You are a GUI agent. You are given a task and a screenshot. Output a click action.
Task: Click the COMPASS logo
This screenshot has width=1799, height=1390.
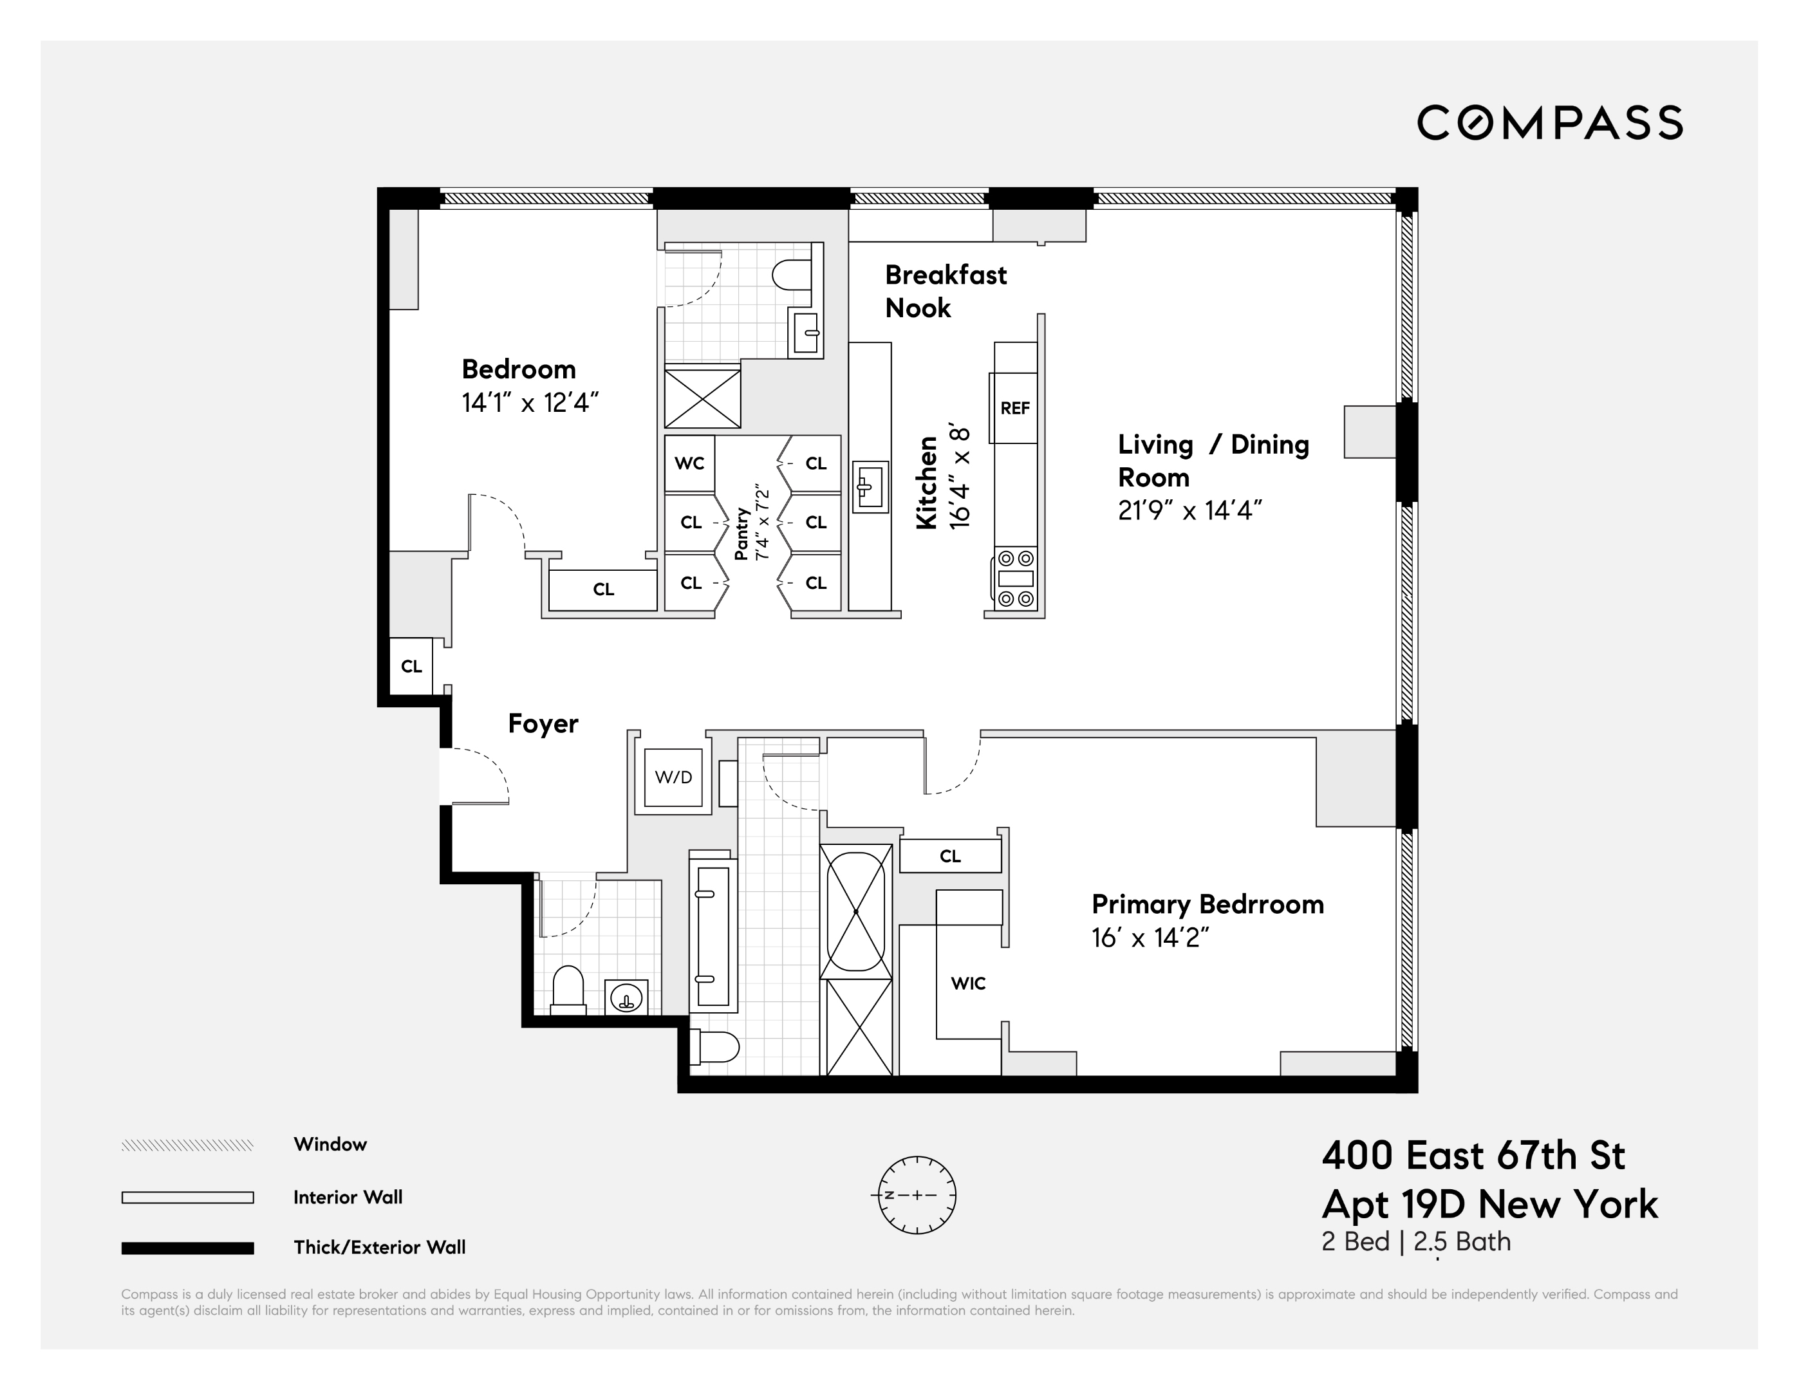coord(1549,123)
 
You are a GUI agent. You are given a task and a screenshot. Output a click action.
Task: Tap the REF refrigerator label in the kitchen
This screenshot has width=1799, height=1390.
coord(1015,409)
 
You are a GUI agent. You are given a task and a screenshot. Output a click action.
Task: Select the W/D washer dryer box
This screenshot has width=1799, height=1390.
coord(673,777)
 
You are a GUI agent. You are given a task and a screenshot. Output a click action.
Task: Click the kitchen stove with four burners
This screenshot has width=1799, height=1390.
coord(1016,578)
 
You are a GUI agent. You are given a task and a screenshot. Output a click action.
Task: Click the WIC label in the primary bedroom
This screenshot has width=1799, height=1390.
coord(968,983)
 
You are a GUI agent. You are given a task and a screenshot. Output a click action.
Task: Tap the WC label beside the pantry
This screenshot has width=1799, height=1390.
coord(689,463)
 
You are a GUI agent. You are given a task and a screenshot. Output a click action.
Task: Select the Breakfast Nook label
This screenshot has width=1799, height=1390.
coord(945,292)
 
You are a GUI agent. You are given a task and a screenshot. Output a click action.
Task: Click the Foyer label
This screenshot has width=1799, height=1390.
coord(543,724)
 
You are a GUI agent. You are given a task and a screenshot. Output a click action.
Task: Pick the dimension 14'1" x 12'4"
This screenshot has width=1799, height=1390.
coord(530,403)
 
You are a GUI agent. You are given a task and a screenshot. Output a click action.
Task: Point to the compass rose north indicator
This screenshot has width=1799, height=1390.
coord(890,1195)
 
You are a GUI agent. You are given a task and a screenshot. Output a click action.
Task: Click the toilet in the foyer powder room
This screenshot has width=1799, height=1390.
coord(568,990)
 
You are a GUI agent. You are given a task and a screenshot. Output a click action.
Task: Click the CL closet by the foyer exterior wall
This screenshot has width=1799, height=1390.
coord(411,666)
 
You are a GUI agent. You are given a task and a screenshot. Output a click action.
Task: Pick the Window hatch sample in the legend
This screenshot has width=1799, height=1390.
coord(187,1145)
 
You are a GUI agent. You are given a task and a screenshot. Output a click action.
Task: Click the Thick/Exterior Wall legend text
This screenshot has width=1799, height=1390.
coord(379,1248)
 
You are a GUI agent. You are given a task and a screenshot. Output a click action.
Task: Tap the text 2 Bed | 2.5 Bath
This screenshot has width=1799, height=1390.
coord(1416,1242)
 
